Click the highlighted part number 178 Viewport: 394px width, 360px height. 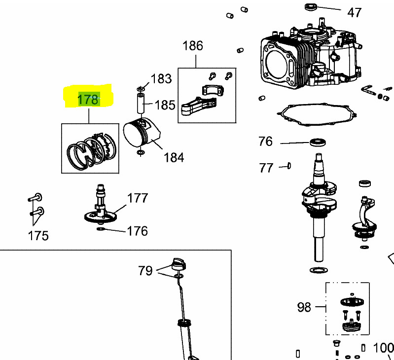click(88, 100)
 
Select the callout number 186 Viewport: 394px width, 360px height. click(193, 46)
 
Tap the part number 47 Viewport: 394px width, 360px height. click(354, 12)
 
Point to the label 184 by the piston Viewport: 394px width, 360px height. click(174, 158)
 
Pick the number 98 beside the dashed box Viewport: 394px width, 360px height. click(304, 307)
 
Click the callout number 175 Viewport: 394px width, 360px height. click(38, 236)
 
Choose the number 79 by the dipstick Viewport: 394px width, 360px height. click(145, 271)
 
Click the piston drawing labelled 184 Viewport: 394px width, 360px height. click(141, 133)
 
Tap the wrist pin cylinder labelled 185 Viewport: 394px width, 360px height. click(141, 103)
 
